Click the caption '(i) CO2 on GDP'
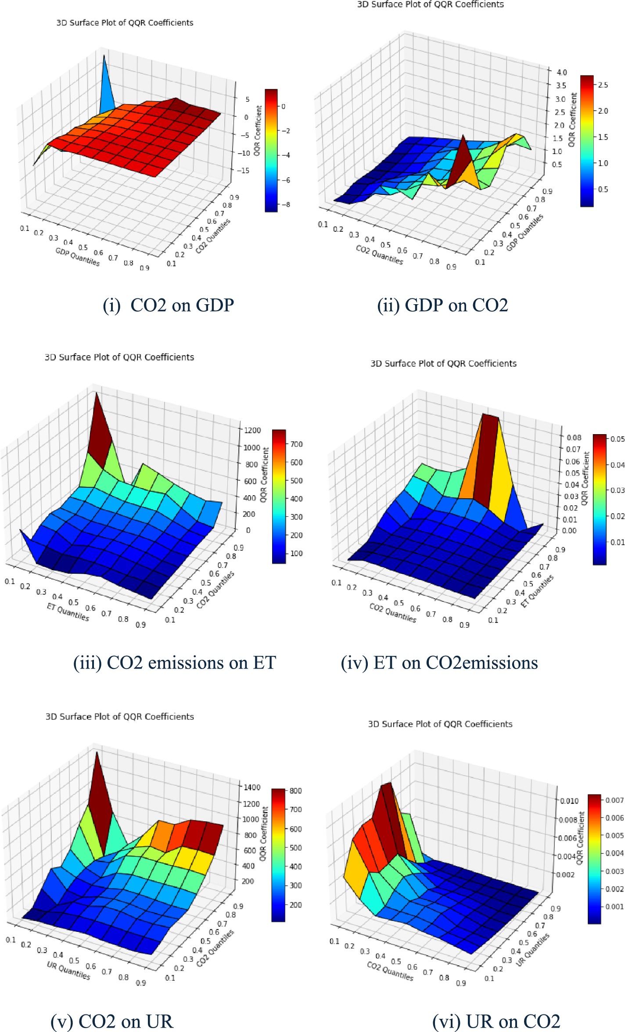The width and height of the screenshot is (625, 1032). pyautogui.click(x=168, y=305)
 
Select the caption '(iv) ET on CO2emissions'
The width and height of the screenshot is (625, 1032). pyautogui.click(x=439, y=662)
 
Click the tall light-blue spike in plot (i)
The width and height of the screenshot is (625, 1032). pyautogui.click(x=106, y=88)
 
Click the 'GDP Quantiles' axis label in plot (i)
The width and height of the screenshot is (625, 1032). pyautogui.click(x=78, y=257)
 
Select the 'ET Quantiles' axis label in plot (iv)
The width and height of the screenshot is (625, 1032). pyautogui.click(x=537, y=591)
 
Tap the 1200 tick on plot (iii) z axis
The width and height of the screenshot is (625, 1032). pyautogui.click(x=252, y=430)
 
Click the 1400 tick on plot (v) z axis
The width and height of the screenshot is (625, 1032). pyautogui.click(x=252, y=787)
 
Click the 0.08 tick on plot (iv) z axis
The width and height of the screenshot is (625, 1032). pyautogui.click(x=574, y=437)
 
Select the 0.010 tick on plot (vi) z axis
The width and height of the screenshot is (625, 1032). pyautogui.click(x=569, y=801)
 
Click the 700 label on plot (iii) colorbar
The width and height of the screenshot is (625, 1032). pyautogui.click(x=297, y=444)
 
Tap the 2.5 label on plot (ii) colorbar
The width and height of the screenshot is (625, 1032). pyautogui.click(x=603, y=85)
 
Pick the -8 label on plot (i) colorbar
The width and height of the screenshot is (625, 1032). pyautogui.click(x=286, y=205)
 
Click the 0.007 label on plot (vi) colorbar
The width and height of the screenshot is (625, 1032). pyautogui.click(x=614, y=800)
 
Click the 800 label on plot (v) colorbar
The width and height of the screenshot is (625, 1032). pyautogui.click(x=295, y=791)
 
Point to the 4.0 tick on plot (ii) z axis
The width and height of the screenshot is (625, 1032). pyautogui.click(x=561, y=72)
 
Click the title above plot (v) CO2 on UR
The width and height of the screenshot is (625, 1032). pyautogui.click(x=120, y=716)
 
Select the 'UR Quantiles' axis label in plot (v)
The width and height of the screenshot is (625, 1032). pyautogui.click(x=68, y=970)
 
